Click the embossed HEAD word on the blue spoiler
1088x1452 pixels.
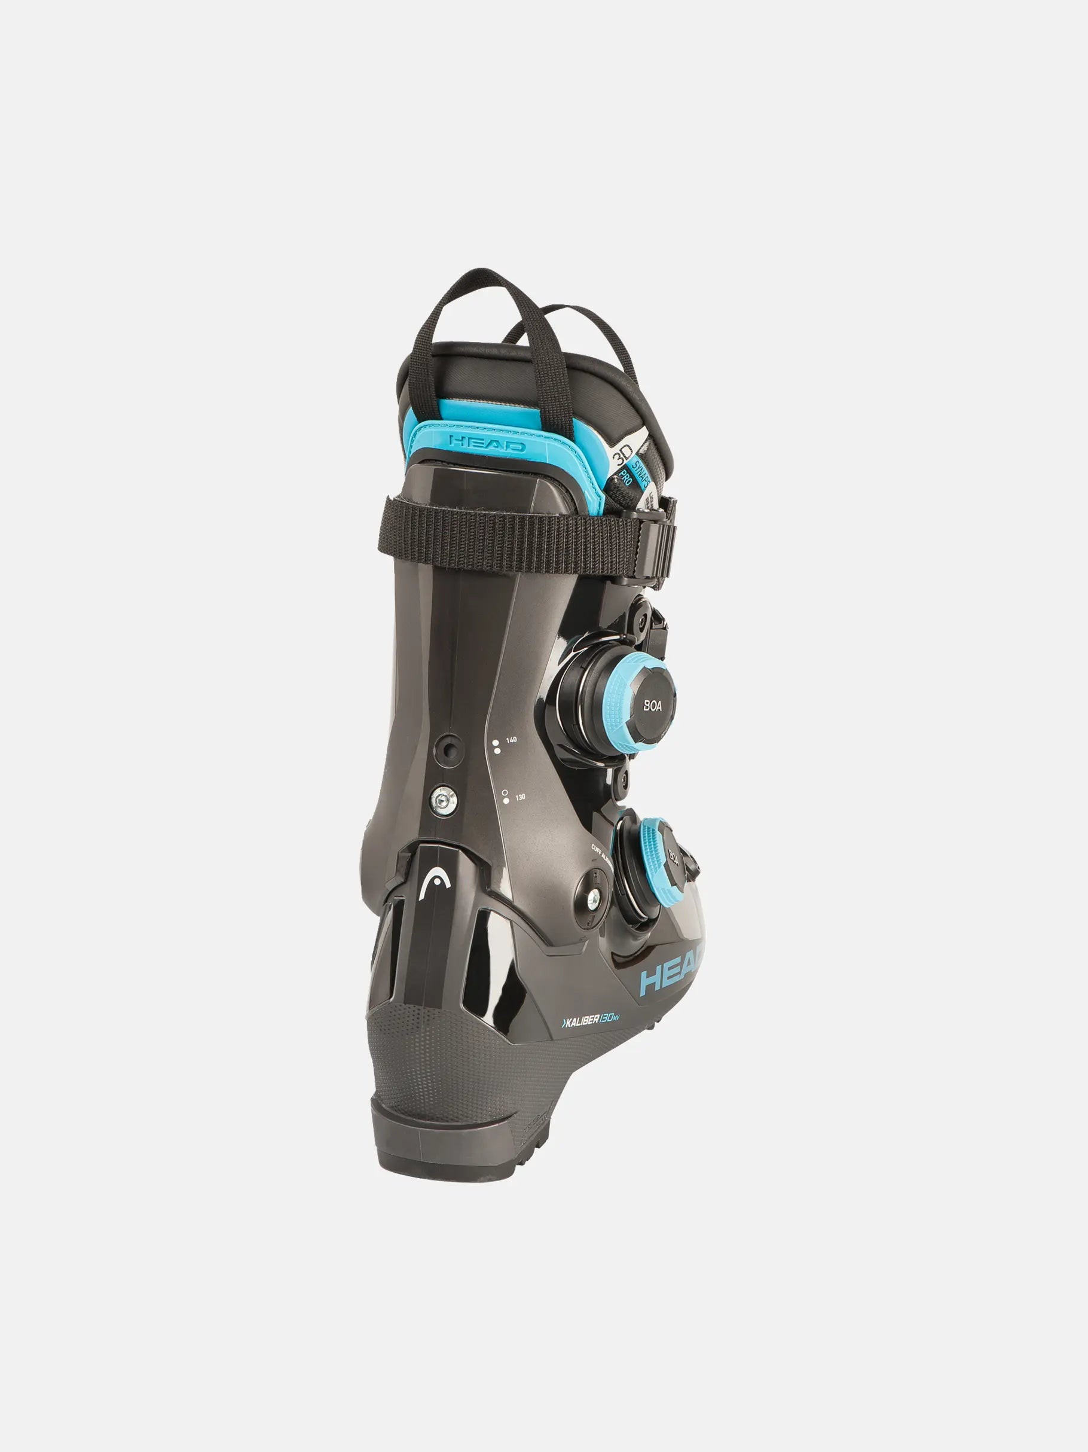coord(488,444)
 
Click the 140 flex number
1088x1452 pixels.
coord(511,740)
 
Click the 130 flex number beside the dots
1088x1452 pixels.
coord(519,797)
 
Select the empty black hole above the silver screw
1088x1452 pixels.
coord(448,749)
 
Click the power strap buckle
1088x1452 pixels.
coord(666,542)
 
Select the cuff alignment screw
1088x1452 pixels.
coord(593,900)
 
